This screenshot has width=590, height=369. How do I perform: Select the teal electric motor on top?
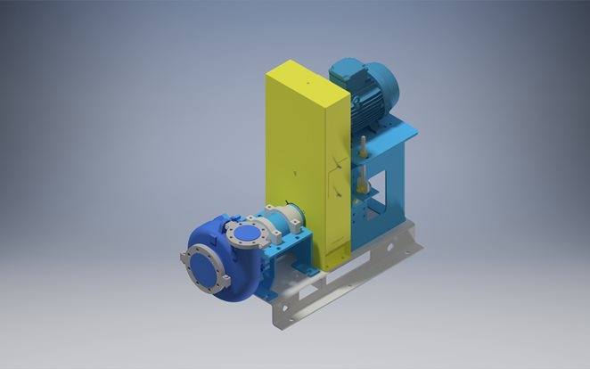(x=365, y=89)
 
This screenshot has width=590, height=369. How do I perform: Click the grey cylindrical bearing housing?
(x=280, y=222)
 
